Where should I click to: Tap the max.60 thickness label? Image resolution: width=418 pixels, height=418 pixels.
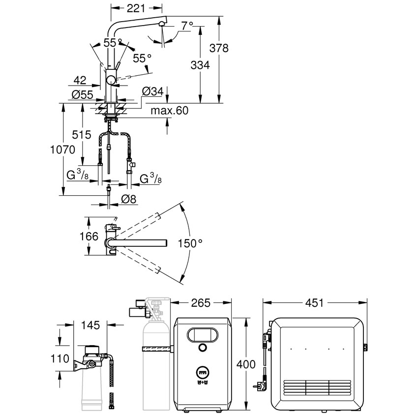[170, 111]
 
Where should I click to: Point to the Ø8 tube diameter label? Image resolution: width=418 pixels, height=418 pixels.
[128, 198]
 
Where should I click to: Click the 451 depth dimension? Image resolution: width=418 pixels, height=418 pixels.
[315, 302]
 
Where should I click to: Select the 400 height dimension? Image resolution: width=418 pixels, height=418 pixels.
[246, 364]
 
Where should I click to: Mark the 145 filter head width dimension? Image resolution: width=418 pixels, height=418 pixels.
[90, 325]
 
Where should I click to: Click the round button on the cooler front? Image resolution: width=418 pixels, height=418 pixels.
[202, 348]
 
